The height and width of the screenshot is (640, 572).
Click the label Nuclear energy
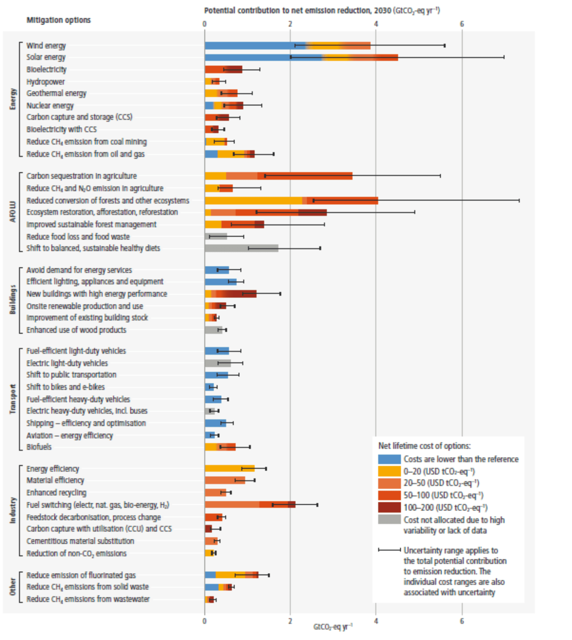click(50, 106)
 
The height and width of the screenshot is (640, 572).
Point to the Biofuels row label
click(39, 447)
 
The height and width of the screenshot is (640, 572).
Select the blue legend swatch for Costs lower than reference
click(389, 459)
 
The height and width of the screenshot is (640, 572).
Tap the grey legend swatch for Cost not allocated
click(389, 520)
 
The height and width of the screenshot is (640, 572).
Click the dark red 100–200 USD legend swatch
click(389, 508)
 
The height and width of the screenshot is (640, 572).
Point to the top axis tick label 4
click(376, 24)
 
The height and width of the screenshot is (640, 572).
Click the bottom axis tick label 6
click(462, 621)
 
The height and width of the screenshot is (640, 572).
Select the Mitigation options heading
click(59, 20)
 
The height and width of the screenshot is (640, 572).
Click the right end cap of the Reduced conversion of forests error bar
click(519, 201)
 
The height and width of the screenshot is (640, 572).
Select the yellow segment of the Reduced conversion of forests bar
click(253, 201)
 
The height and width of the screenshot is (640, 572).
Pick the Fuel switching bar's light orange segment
click(232, 505)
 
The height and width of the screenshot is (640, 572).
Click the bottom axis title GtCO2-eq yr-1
click(333, 627)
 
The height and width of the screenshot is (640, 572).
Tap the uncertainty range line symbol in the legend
click(389, 550)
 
